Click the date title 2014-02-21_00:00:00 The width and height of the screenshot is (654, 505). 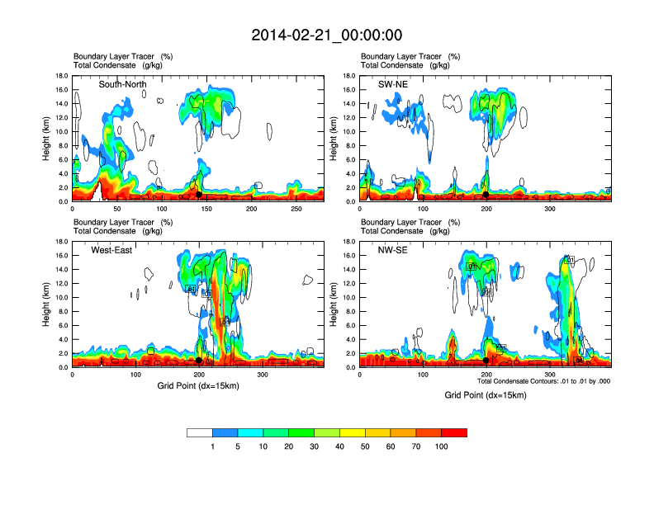coord(326,35)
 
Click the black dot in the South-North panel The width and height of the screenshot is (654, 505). coord(198,195)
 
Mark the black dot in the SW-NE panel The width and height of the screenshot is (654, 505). coord(486,195)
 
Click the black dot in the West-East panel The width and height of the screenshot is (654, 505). coord(198,361)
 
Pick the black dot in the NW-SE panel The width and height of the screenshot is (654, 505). coord(486,361)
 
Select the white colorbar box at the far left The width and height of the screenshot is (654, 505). coord(199,432)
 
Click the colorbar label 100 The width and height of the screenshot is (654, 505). coord(441,446)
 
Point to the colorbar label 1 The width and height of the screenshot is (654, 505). coord(212,446)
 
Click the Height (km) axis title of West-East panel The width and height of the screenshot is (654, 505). coord(48,304)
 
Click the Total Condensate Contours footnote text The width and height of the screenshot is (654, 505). coord(543,381)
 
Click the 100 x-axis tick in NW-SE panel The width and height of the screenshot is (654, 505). coord(423,375)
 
